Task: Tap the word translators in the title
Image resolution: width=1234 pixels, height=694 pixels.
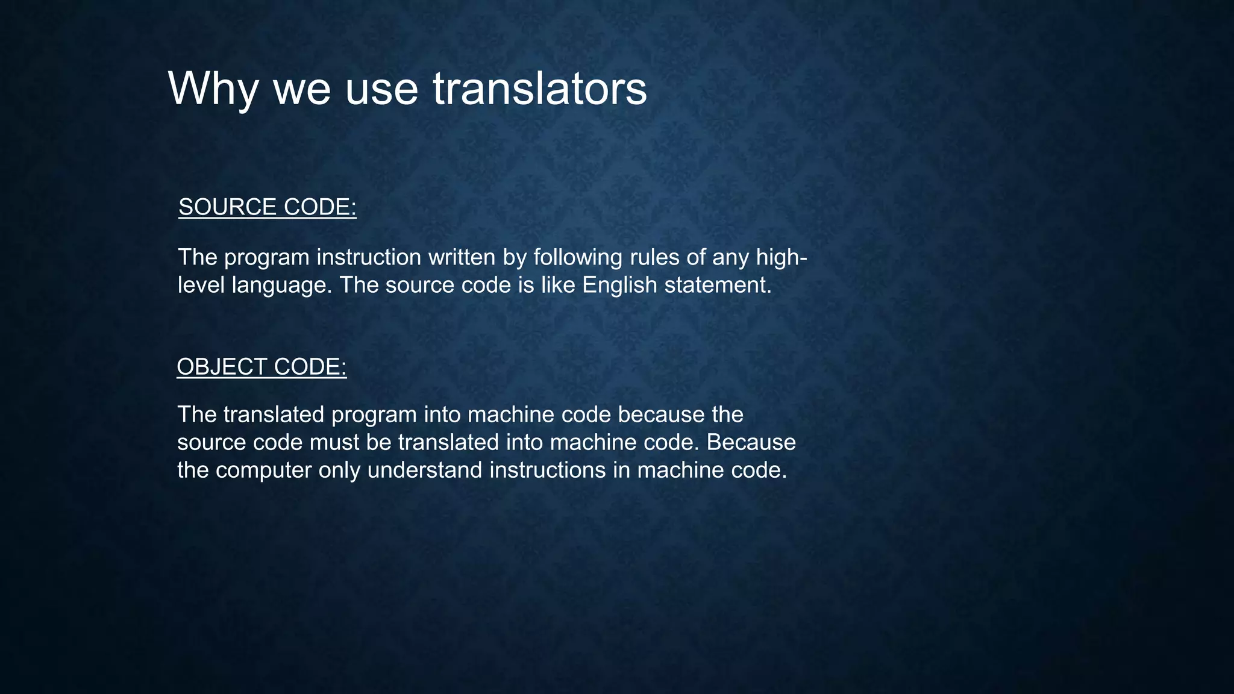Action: pyautogui.click(x=540, y=89)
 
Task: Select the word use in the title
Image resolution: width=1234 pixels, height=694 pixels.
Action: pyautogui.click(x=381, y=89)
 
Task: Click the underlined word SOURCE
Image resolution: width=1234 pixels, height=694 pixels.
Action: pyautogui.click(x=228, y=207)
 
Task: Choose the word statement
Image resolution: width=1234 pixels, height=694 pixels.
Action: pyautogui.click(x=718, y=285)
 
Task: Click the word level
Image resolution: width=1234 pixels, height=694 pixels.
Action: pyautogui.click(x=201, y=285)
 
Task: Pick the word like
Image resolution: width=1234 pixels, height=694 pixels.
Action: pyautogui.click(x=558, y=285)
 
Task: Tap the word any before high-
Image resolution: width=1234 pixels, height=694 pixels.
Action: pyautogui.click(x=731, y=257)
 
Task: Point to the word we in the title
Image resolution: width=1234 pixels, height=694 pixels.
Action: pyautogui.click(x=301, y=89)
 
